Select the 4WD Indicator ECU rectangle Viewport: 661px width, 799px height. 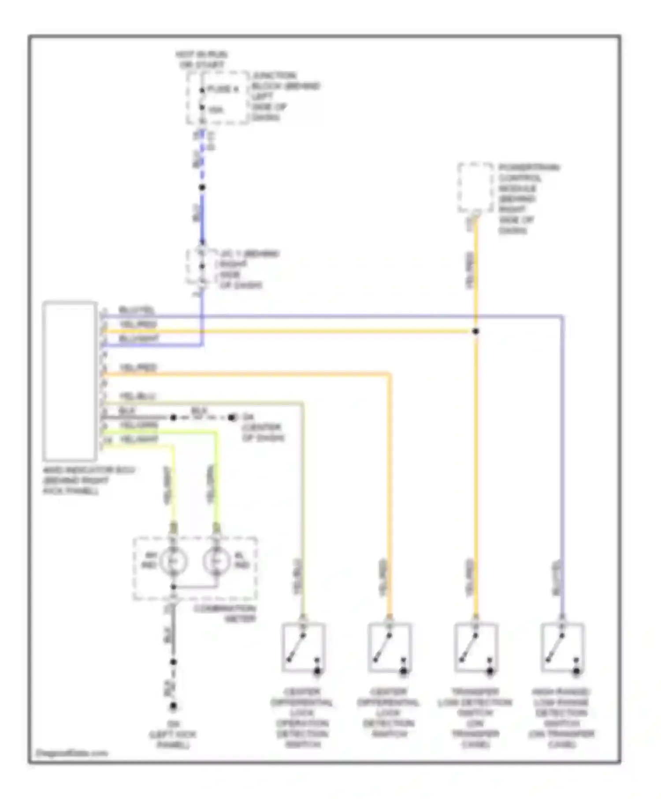(70, 381)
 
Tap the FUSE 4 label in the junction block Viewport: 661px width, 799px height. (223, 89)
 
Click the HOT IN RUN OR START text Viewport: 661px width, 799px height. (201, 59)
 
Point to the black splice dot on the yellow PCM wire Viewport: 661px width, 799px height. (475, 331)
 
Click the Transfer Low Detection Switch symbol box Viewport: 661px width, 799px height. (476, 647)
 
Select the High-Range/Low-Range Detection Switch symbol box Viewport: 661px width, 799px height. (562, 647)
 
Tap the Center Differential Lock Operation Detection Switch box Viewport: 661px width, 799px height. (303, 647)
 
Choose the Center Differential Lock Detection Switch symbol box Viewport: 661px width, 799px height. (390, 647)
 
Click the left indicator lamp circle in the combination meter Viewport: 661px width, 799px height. (173, 562)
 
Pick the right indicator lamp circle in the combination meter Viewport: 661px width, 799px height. (216, 562)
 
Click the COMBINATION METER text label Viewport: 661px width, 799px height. (224, 614)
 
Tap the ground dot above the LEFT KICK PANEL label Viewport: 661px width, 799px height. (173, 707)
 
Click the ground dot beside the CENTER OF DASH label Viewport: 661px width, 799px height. (232, 417)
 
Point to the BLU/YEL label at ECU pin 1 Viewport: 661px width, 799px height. (137, 311)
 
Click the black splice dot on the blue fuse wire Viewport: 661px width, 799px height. (202, 188)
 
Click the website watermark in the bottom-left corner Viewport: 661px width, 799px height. (71, 753)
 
